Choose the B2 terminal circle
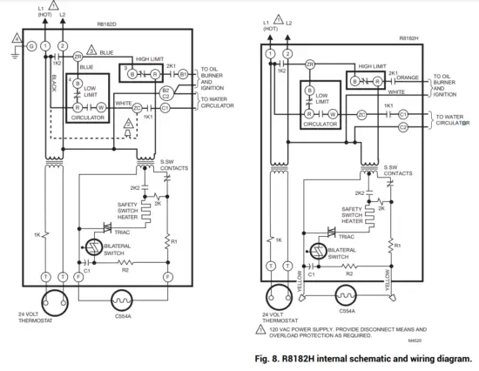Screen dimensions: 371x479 pos(165,90)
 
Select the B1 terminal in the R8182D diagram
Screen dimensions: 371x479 pos(183,75)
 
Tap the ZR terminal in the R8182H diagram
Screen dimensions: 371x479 pos(311,65)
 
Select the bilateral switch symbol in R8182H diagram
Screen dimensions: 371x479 pos(315,253)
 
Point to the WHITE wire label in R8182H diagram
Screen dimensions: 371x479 pos(396,91)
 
